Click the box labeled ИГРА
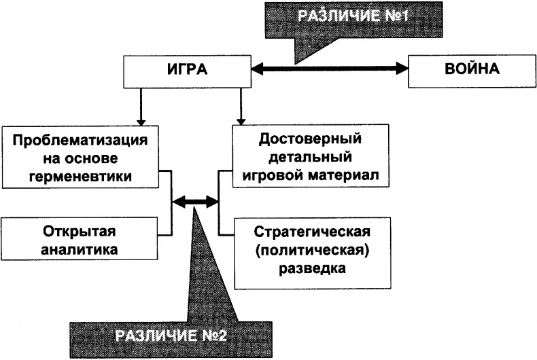click(186, 70)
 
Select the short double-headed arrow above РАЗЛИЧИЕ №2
click(196, 201)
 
